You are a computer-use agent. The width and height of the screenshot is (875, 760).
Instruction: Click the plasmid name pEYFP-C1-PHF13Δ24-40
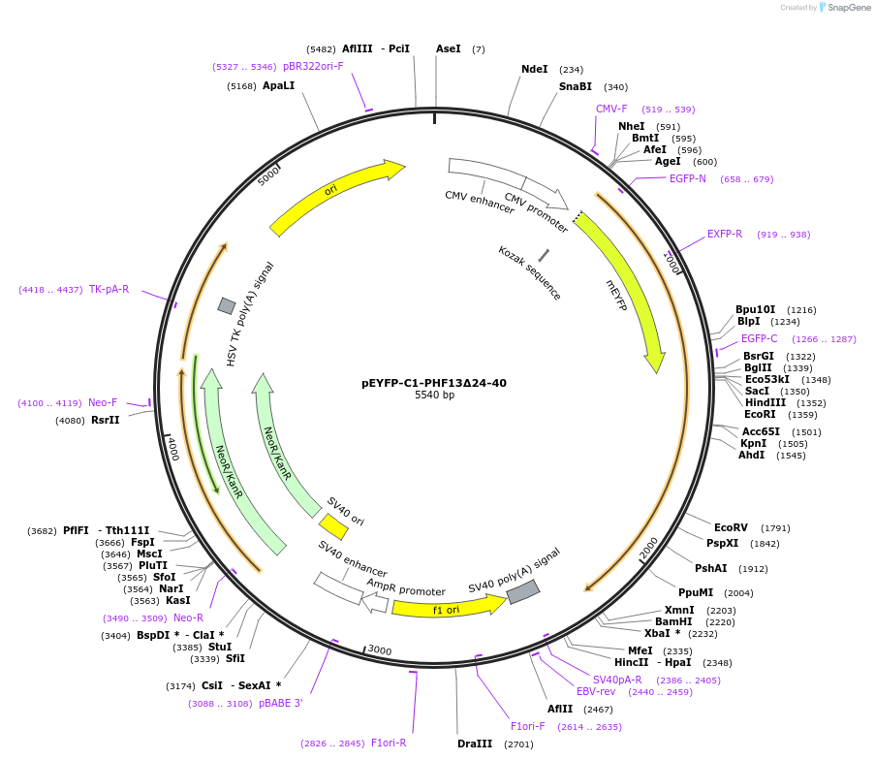(433, 383)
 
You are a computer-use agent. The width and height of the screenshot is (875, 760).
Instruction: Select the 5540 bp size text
(433, 396)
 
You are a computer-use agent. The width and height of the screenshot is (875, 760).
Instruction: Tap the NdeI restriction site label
(534, 70)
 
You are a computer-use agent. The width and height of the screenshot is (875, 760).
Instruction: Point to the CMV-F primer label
(611, 109)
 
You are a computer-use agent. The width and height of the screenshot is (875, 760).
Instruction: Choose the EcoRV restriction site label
(731, 527)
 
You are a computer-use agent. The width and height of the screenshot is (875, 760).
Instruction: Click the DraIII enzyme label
(476, 744)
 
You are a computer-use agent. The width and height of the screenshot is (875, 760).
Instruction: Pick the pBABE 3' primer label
(280, 703)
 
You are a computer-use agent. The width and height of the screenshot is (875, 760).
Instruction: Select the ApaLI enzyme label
(278, 85)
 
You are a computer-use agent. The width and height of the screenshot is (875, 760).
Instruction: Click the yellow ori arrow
(335, 197)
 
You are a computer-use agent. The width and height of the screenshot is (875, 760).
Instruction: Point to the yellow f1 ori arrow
(447, 608)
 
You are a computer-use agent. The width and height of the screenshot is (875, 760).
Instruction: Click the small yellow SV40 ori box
(333, 526)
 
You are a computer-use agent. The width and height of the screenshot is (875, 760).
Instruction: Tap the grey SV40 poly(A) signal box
(523, 591)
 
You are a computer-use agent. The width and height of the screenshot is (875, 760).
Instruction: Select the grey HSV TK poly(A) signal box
(226, 306)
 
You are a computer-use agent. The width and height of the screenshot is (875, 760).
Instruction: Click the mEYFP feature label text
(616, 295)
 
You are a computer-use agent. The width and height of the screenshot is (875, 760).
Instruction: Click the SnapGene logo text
(847, 8)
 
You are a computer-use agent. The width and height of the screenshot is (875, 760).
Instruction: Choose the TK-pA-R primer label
(109, 289)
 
